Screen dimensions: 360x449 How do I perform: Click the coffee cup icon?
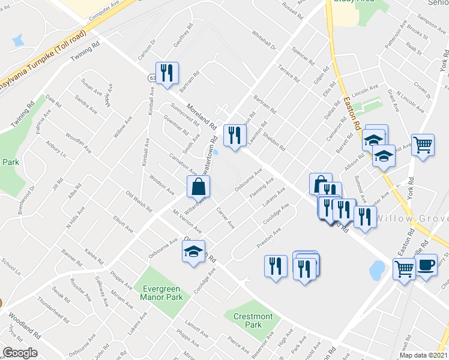tap(426, 266)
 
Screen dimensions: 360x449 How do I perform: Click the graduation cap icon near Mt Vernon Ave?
tap(194, 251)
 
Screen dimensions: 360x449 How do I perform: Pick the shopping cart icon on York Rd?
tap(423, 145)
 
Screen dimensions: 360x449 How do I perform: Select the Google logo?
tap(20, 352)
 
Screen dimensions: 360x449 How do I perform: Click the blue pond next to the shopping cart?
tap(377, 271)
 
